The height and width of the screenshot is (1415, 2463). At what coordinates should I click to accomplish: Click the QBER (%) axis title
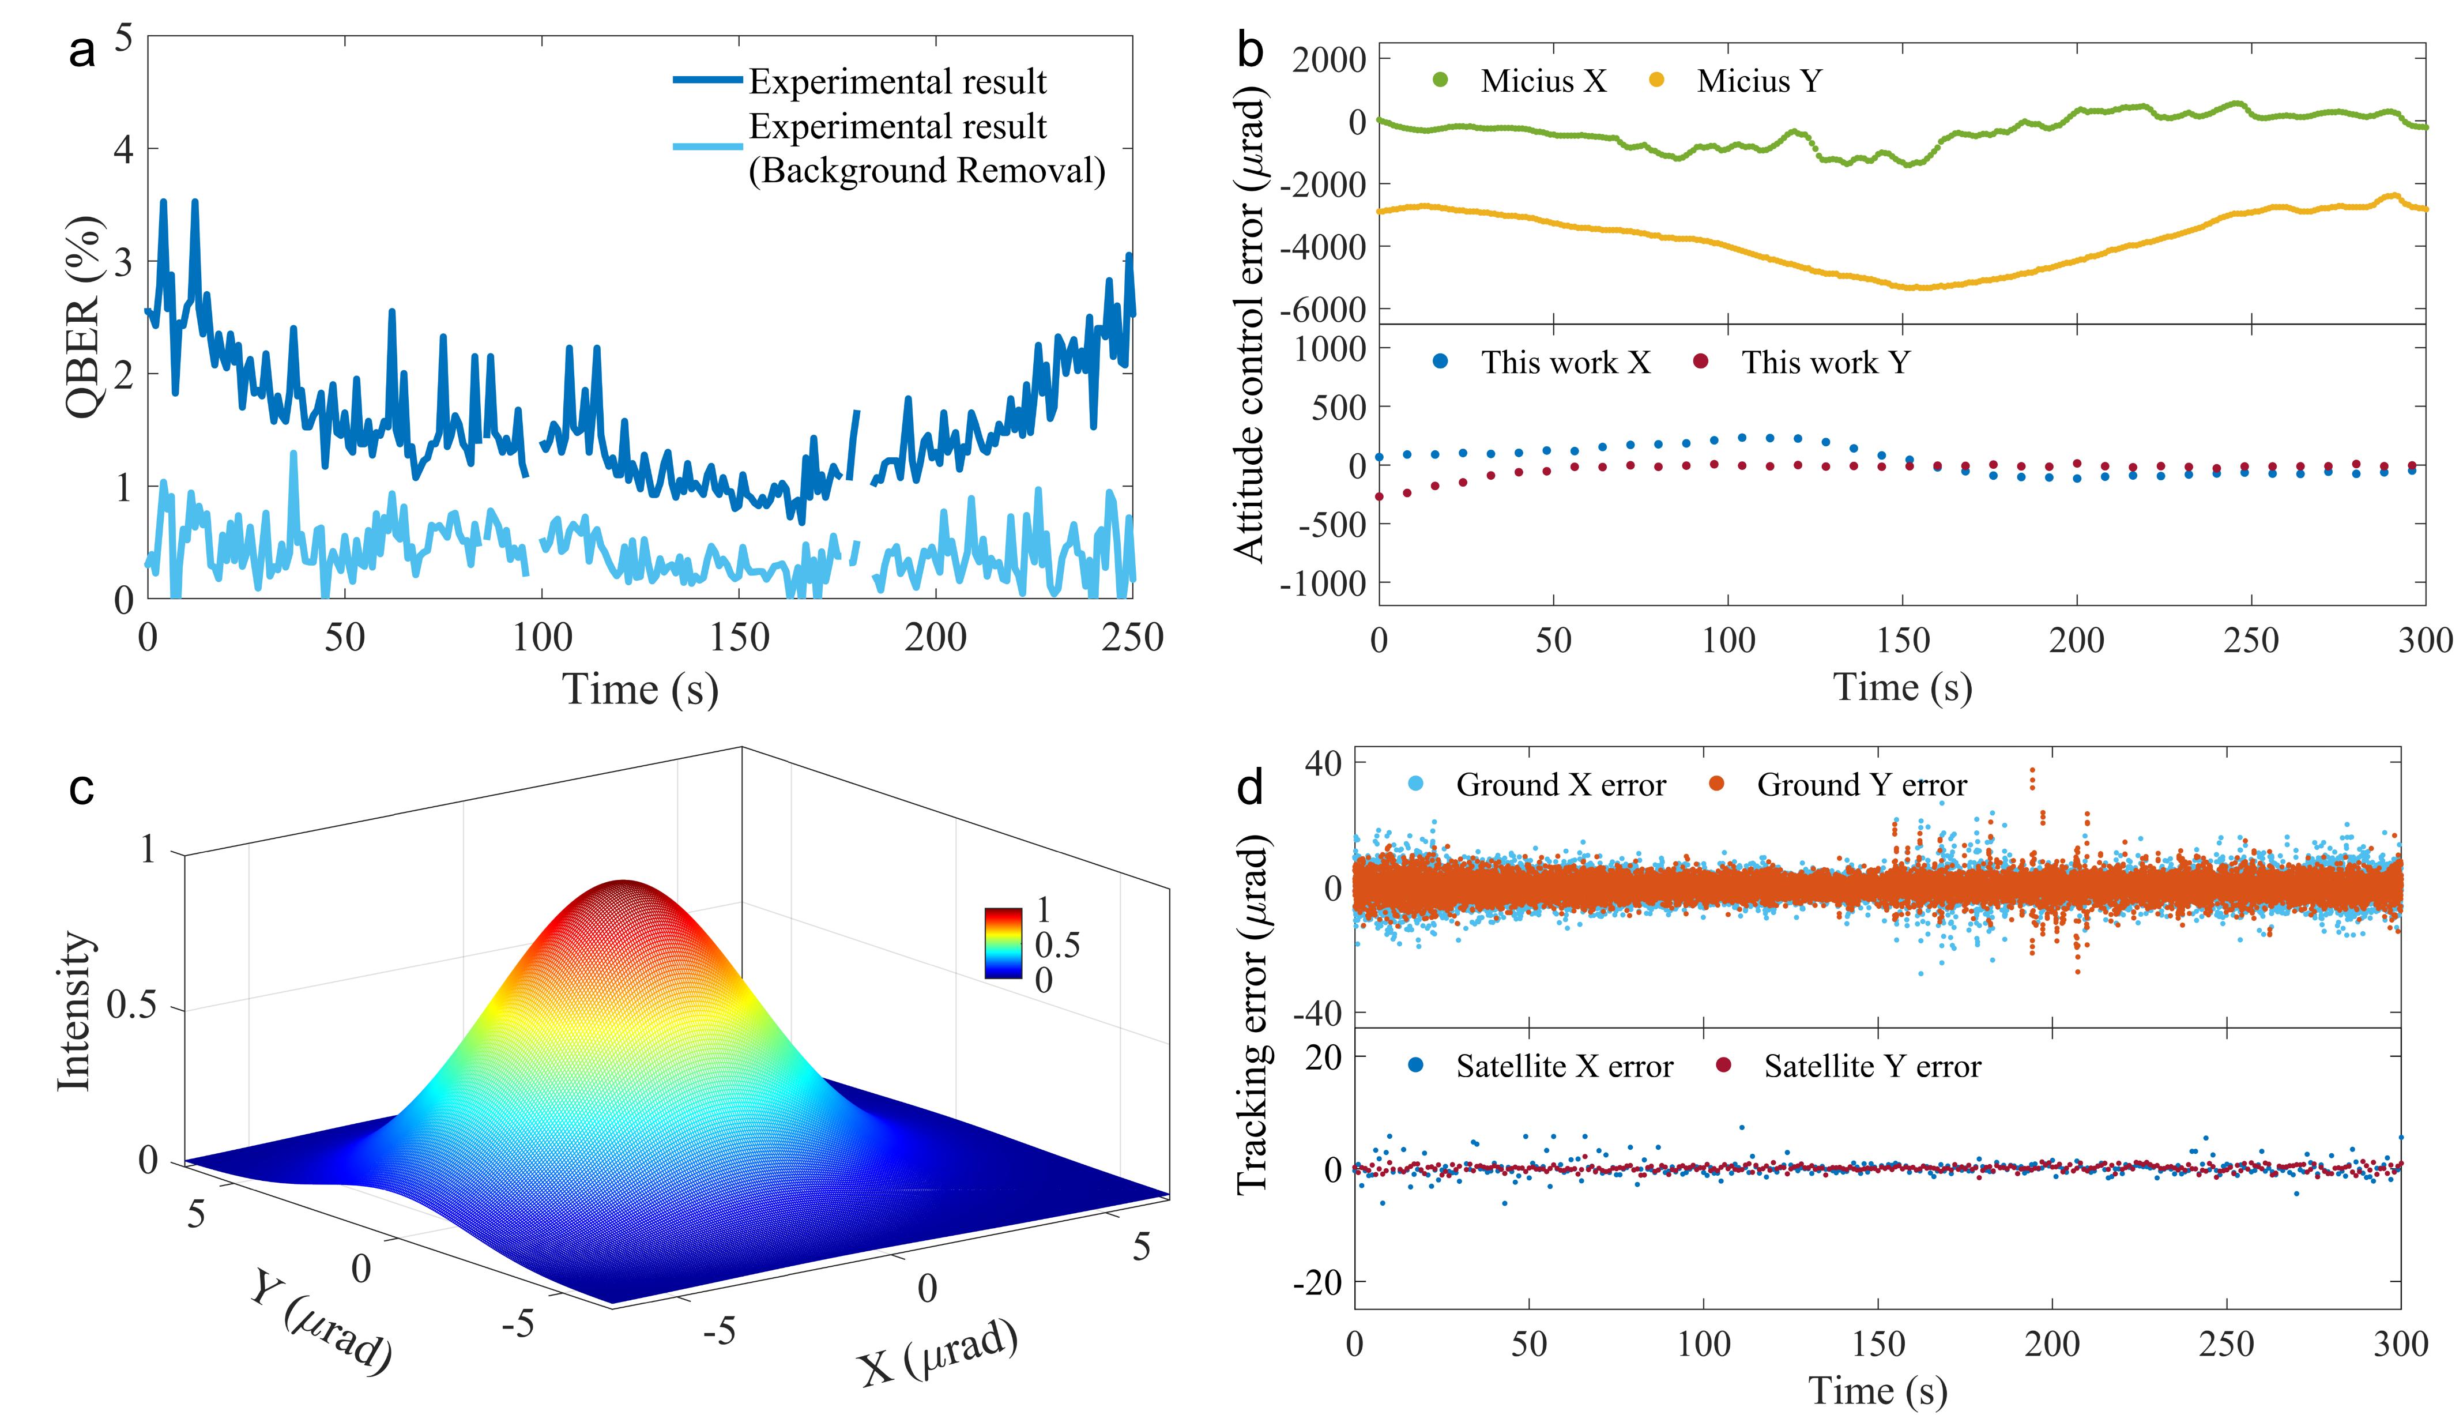coord(85,318)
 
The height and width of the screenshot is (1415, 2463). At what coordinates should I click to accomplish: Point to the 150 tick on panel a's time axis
coord(739,638)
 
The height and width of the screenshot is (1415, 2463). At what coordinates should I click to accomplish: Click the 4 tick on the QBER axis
coord(123,150)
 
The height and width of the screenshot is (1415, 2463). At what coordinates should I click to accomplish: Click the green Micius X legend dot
coord(1440,81)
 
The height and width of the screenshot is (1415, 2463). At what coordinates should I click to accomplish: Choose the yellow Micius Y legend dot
coord(1656,81)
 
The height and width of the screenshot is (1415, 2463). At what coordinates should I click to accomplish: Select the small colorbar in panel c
coord(1003,943)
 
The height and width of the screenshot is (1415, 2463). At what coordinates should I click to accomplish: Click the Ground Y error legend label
coord(1862,784)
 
